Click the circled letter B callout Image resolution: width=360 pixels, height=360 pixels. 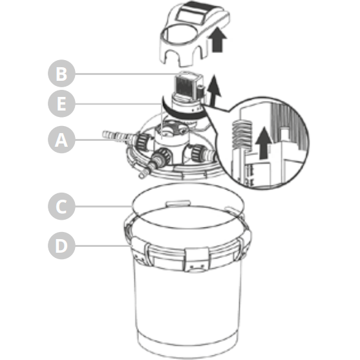[61, 74]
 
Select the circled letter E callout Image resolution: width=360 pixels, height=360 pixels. [61, 103]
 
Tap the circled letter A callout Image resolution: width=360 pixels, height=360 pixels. [61, 140]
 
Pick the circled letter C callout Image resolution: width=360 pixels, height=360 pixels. [61, 206]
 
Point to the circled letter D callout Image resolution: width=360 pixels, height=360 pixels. [61, 246]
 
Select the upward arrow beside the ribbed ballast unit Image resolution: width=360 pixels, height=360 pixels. [214, 90]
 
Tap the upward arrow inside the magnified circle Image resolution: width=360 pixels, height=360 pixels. [263, 143]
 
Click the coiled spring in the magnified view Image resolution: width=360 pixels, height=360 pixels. [242, 136]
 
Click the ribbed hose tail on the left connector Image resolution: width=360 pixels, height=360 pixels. [116, 136]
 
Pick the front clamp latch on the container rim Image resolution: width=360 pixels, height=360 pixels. [197, 259]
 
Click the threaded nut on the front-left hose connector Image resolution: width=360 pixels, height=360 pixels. [164, 155]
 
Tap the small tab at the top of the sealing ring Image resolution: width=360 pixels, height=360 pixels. [178, 203]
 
